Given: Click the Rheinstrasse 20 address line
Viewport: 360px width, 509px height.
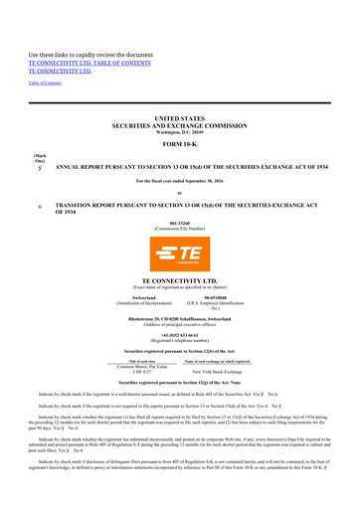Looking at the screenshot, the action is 179,320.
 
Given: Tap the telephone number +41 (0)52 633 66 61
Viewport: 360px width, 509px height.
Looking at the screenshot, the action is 179,336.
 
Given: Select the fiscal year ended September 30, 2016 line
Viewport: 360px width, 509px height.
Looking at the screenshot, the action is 179,180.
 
